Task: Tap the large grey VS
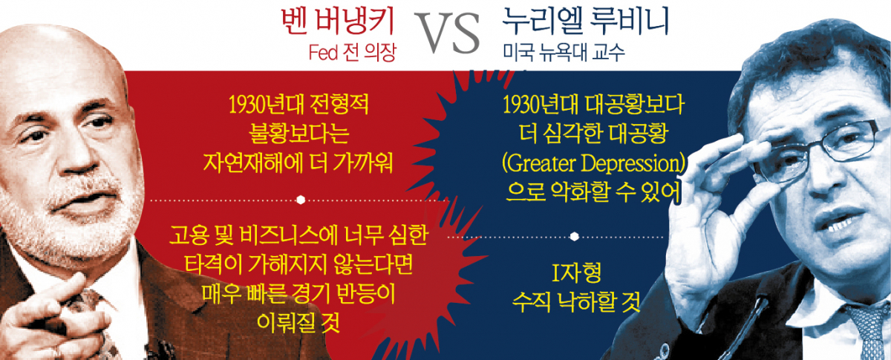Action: (447, 33)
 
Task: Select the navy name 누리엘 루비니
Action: (585, 21)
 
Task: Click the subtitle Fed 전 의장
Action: (353, 53)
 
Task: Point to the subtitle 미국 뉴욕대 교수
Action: (564, 53)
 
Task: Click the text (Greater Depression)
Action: (593, 163)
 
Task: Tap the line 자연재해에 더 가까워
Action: (298, 163)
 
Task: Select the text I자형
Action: (577, 273)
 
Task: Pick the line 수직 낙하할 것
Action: (576, 302)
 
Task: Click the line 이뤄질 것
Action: (298, 322)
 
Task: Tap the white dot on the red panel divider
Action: (301, 200)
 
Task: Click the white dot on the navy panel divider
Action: (575, 237)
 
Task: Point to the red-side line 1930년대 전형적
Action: (298, 104)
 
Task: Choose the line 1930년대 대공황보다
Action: (593, 104)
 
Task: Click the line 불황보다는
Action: (298, 134)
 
